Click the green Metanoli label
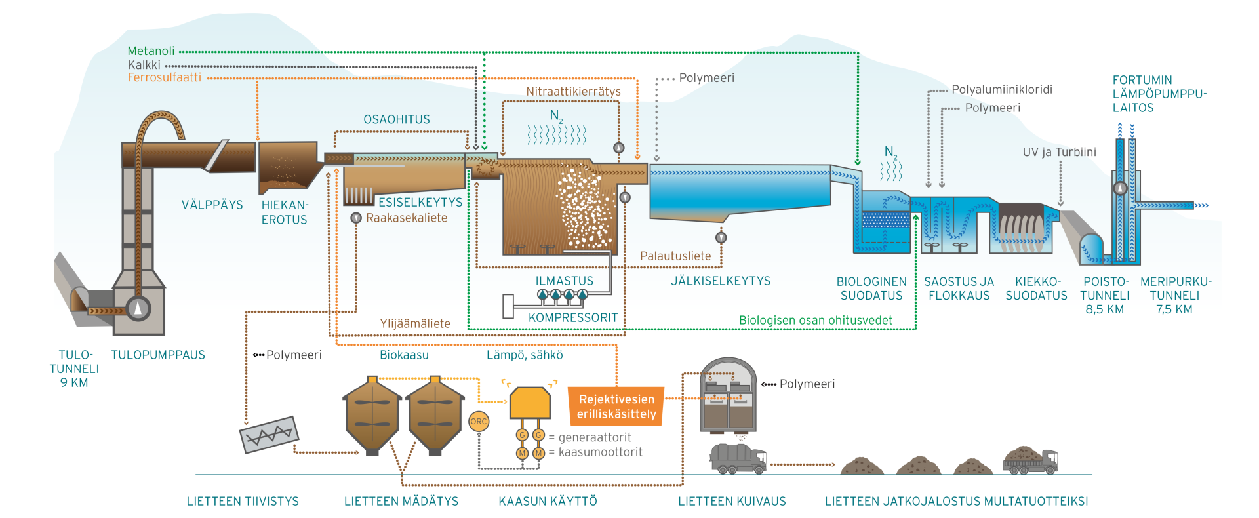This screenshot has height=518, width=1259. pos(151,51)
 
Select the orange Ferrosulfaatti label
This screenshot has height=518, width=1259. pos(164,77)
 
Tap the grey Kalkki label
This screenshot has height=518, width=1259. pos(144,65)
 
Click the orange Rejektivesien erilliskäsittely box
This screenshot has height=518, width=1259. pos(616,407)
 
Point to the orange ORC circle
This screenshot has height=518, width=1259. pos(479,422)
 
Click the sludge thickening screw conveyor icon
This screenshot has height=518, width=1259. pos(270,435)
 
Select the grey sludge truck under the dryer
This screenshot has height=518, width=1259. pos(738,458)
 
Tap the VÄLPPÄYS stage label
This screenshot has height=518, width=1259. pos(212,205)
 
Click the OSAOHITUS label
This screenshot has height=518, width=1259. pos(397,119)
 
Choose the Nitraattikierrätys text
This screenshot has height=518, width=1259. pos(573,91)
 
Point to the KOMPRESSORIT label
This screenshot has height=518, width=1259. pos(573,317)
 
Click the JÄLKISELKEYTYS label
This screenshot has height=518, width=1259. pos(720,281)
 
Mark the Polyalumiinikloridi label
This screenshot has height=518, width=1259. pos(1002,89)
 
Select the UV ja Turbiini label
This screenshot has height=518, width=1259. pos(1059,152)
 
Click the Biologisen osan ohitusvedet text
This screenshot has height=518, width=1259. pos(815,320)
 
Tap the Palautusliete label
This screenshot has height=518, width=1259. pos(675,256)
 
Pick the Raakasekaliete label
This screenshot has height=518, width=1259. pos(407,218)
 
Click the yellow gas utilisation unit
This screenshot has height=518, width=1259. pos(530,402)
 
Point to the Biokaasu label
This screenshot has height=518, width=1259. pos(404,355)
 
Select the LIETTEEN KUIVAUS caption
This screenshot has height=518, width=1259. pos(732,501)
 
